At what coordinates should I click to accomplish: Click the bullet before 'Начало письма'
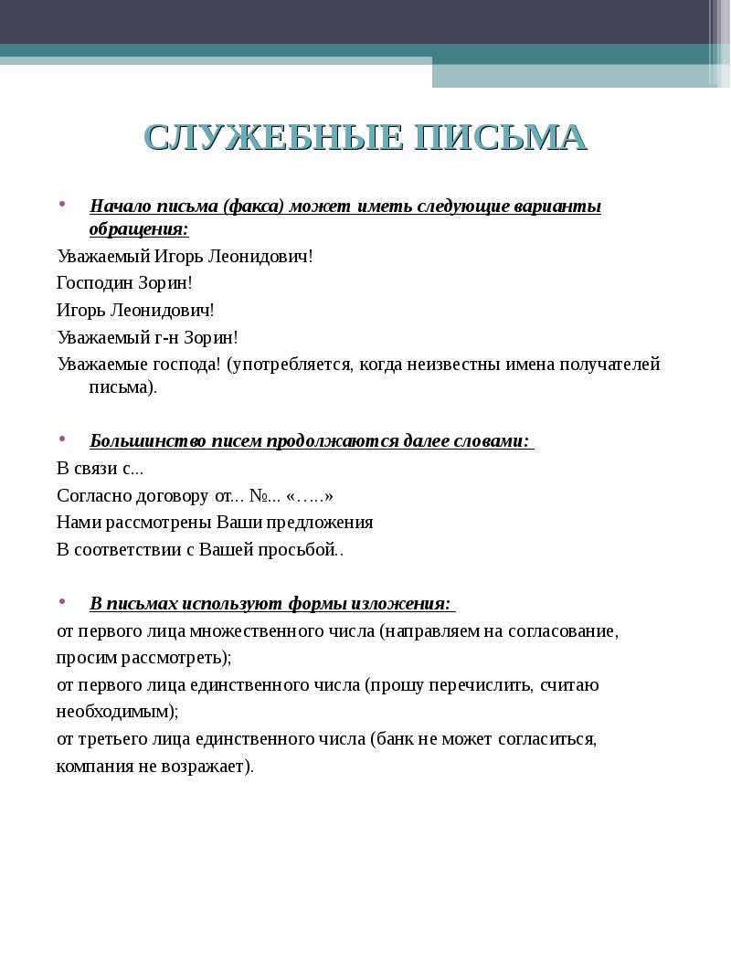tap(62, 204)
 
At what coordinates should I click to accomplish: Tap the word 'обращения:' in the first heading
tap(139, 228)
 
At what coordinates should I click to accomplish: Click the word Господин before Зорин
tap(100, 283)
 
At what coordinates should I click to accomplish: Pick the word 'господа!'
tap(185, 365)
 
